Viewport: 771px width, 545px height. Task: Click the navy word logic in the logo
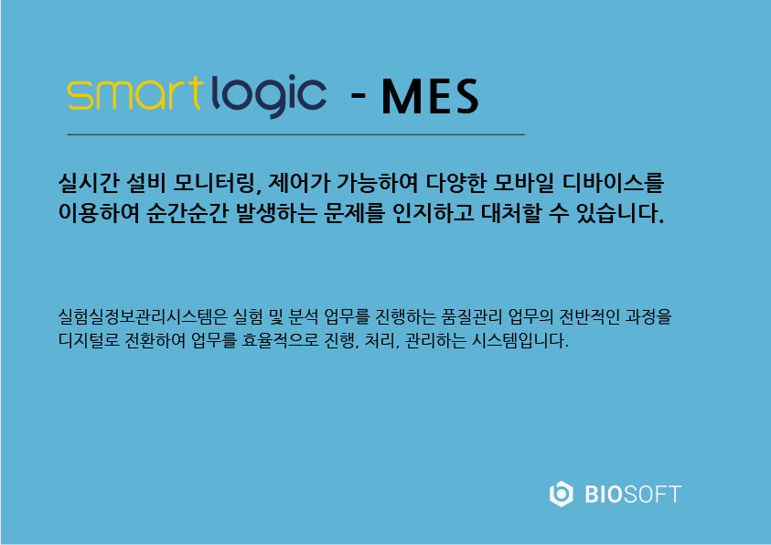click(x=269, y=96)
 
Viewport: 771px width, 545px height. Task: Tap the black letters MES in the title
click(x=430, y=97)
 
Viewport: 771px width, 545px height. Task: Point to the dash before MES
click(x=358, y=96)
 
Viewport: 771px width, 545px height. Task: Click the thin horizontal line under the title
click(x=296, y=134)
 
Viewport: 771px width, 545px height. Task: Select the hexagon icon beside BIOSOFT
click(x=561, y=494)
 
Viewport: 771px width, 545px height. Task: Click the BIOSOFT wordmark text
click(x=633, y=495)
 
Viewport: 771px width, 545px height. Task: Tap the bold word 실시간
click(x=89, y=183)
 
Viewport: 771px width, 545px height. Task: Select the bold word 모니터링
click(x=215, y=183)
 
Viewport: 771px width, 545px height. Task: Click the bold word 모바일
click(x=523, y=183)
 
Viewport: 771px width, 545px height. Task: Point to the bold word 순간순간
click(x=187, y=213)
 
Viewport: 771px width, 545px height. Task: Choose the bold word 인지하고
click(x=434, y=213)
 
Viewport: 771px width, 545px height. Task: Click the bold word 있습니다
click(x=620, y=213)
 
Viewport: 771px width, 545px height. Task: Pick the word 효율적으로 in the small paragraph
click(x=280, y=340)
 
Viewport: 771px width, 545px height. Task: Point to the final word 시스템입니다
click(x=519, y=340)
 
